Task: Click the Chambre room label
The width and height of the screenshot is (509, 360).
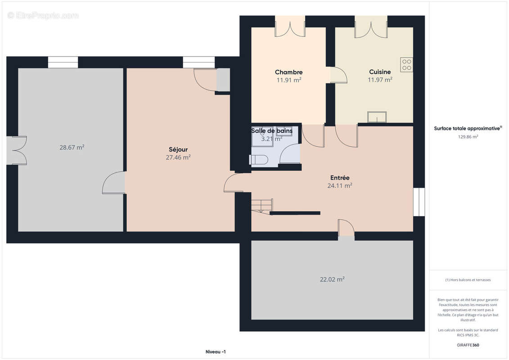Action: pyautogui.click(x=288, y=72)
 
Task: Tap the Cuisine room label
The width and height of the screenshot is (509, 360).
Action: pyautogui.click(x=380, y=72)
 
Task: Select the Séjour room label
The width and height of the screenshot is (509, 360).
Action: pyautogui.click(x=178, y=149)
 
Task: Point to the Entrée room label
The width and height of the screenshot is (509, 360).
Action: pyautogui.click(x=340, y=178)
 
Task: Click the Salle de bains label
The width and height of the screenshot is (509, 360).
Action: pyautogui.click(x=272, y=130)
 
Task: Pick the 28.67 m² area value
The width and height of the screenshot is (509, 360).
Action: pyautogui.click(x=72, y=148)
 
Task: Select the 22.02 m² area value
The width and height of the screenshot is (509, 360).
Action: pyautogui.click(x=332, y=279)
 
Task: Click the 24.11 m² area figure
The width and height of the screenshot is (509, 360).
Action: pyautogui.click(x=340, y=186)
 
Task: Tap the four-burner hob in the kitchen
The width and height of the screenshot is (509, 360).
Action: pyautogui.click(x=406, y=65)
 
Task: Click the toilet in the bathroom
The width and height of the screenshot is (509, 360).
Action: pyautogui.click(x=259, y=160)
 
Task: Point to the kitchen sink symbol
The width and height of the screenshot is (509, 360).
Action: pyautogui.click(x=377, y=117)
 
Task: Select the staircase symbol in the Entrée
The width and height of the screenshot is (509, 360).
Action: pyautogui.click(x=261, y=206)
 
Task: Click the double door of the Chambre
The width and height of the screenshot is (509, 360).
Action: pyautogui.click(x=290, y=26)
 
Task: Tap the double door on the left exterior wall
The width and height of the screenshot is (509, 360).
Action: pyautogui.click(x=17, y=150)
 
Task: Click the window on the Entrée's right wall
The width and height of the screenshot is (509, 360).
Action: pyautogui.click(x=419, y=202)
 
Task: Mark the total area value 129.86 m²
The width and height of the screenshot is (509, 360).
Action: pyautogui.click(x=468, y=137)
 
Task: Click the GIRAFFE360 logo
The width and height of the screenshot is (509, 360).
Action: pyautogui.click(x=468, y=345)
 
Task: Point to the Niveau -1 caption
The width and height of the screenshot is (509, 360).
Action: pyautogui.click(x=216, y=352)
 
